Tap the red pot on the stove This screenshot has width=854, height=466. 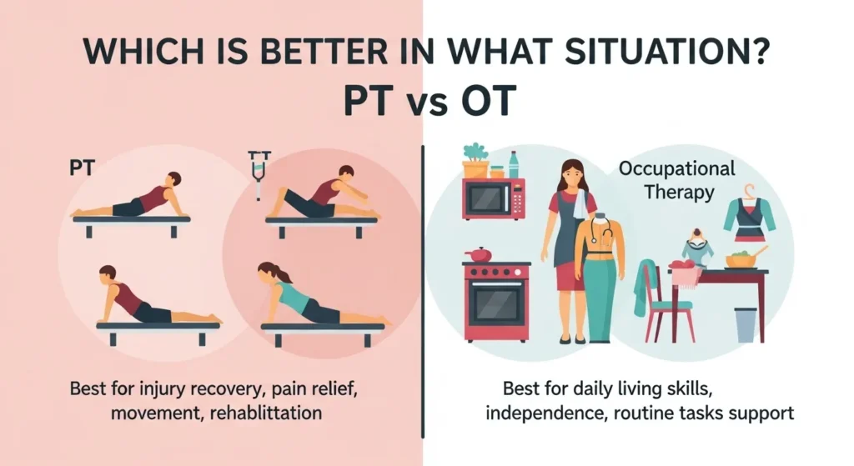pos(478,254)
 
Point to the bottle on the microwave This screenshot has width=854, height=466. pos(514,163)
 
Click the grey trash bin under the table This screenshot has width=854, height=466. pos(746,324)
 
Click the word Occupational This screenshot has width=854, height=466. pos(676,169)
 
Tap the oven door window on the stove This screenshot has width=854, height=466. pos(495,302)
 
